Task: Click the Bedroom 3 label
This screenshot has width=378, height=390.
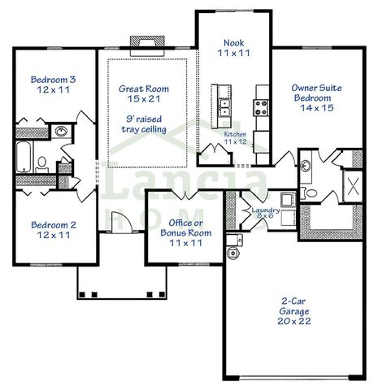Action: tap(53, 85)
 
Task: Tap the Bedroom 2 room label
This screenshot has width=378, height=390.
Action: tap(53, 230)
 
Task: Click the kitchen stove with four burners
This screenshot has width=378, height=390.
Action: tap(263, 106)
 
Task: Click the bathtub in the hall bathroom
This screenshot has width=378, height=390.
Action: tap(23, 157)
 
